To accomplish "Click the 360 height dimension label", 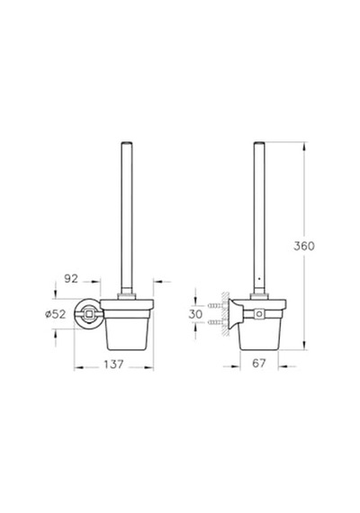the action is tap(303, 246).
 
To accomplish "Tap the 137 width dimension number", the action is tap(114, 364).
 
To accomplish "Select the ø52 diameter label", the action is tap(56, 314).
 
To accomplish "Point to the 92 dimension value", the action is tap(71, 278).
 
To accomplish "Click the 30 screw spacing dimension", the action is tap(195, 314).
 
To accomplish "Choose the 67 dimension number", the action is tap(259, 363).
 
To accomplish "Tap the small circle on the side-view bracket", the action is tap(259, 314).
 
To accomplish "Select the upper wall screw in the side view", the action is tap(215, 306).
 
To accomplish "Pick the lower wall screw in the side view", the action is tap(215, 322).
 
